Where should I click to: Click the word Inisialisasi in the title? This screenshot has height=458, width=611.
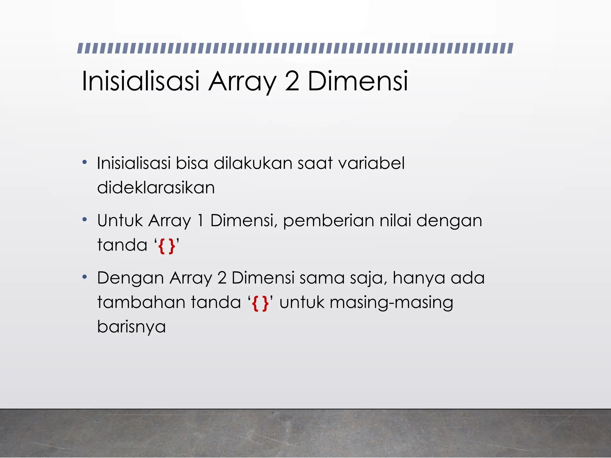(x=140, y=81)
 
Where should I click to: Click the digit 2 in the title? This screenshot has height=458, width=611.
(x=292, y=81)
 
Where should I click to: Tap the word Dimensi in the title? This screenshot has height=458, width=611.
(x=357, y=81)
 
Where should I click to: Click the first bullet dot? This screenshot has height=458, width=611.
(x=85, y=163)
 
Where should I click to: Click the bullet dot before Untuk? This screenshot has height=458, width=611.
(x=85, y=220)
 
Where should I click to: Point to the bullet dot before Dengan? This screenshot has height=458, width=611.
(x=85, y=277)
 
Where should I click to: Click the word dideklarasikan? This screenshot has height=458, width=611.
(x=156, y=188)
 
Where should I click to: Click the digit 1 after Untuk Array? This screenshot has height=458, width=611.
(x=200, y=220)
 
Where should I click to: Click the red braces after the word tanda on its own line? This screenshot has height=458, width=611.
(x=167, y=246)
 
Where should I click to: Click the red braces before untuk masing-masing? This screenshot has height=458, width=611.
(x=260, y=303)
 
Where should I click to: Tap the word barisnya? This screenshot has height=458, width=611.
(x=131, y=327)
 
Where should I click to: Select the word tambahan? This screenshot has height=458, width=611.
(x=141, y=302)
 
